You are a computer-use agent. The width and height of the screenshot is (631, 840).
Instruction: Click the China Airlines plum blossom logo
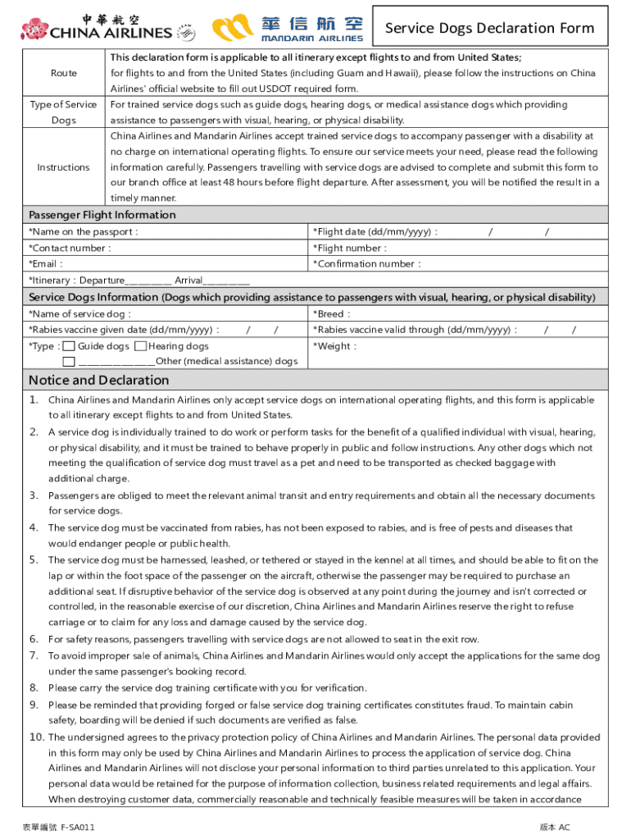tap(34, 30)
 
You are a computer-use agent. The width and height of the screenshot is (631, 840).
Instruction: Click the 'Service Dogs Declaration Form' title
tap(489, 28)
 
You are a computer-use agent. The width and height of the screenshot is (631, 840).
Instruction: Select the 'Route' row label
tap(64, 73)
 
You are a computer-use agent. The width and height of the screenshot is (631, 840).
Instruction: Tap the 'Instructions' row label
tap(64, 167)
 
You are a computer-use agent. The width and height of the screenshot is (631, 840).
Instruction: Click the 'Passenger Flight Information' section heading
tap(102, 215)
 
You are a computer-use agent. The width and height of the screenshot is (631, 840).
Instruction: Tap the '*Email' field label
tap(46, 264)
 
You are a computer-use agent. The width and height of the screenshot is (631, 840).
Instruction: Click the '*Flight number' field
tap(459, 248)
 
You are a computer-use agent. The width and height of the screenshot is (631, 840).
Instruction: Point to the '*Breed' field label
tap(332, 314)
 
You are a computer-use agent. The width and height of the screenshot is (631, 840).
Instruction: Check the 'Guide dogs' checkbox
tap(70, 346)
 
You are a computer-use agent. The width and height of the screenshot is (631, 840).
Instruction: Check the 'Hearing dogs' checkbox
tap(141, 346)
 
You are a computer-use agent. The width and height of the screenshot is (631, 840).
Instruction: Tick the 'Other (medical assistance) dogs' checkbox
tap(70, 361)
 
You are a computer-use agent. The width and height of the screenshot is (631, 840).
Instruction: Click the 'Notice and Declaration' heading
tap(99, 381)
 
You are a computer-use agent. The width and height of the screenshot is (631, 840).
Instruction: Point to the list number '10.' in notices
tap(36, 737)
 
